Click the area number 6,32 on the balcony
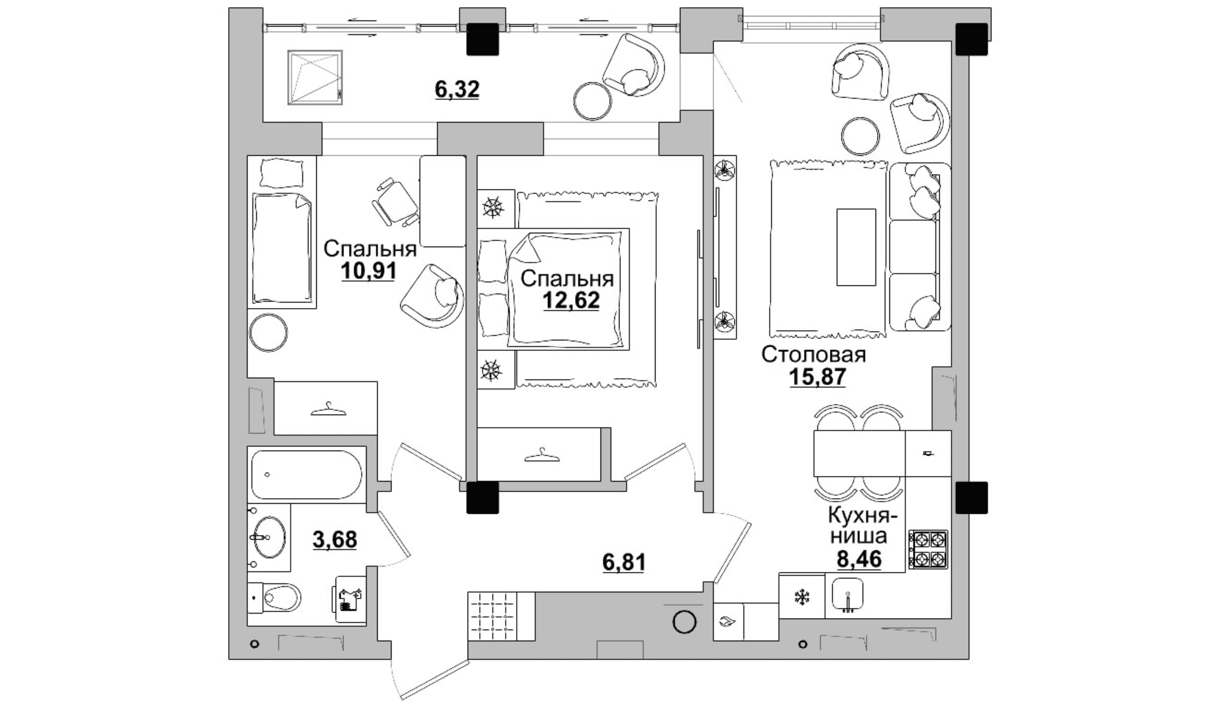118,90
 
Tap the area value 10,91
369,271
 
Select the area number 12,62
571,300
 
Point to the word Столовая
813,355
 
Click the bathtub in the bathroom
306,474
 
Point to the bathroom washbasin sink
269,537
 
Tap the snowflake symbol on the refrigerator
802,597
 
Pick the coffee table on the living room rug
856,247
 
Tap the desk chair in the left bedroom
395,202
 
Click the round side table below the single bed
268,333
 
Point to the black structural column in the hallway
482,497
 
